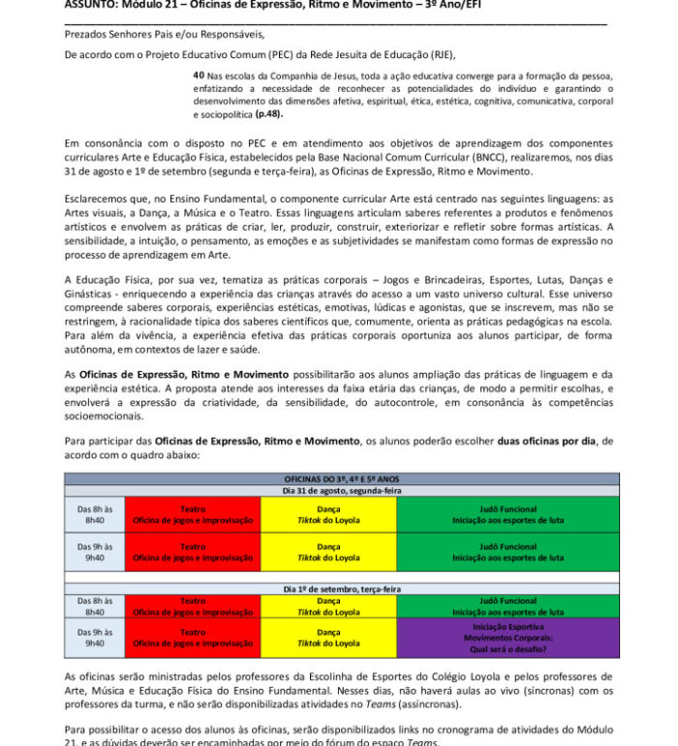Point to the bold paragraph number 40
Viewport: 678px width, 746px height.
(x=199, y=74)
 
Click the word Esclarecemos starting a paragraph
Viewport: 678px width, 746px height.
(x=100, y=199)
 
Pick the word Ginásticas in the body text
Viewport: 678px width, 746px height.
(x=92, y=290)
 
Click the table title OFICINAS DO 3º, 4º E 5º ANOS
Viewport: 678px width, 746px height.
(x=342, y=479)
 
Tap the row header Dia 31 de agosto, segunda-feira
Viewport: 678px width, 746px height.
(x=342, y=490)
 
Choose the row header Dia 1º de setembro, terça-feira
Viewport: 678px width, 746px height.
(x=342, y=589)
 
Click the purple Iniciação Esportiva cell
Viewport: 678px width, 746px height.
(x=508, y=637)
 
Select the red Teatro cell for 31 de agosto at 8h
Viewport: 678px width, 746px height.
(x=193, y=513)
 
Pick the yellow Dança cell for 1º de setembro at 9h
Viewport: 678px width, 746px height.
(x=328, y=637)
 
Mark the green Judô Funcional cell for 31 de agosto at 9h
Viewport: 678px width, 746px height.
(x=508, y=551)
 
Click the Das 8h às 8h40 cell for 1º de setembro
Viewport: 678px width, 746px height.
(x=95, y=606)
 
